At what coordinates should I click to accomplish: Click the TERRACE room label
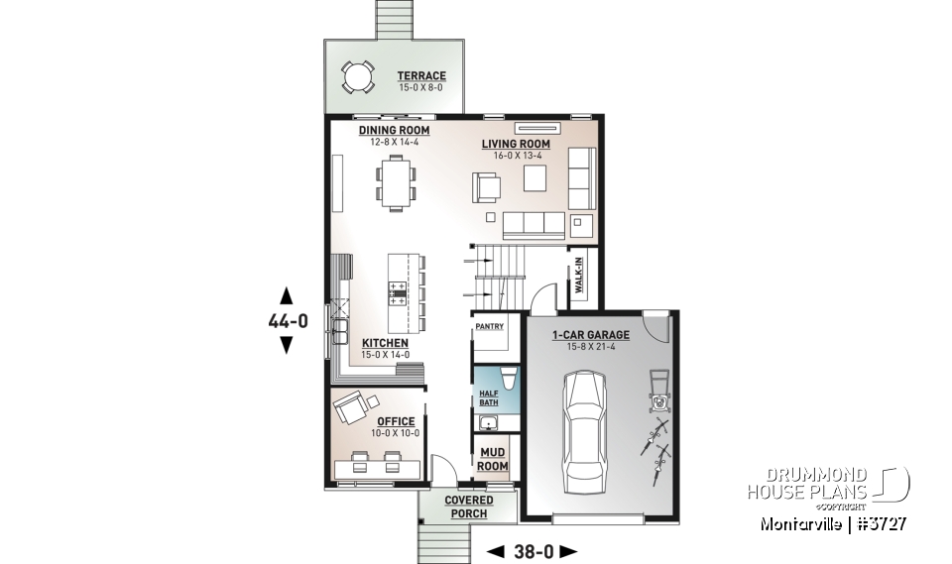(421, 75)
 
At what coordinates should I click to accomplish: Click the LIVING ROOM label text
(516, 145)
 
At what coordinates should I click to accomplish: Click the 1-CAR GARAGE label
(591, 335)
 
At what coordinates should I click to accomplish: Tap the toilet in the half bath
(506, 377)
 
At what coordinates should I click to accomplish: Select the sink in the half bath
(488, 423)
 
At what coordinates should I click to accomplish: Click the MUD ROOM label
(493, 459)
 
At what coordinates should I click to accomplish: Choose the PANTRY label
(489, 326)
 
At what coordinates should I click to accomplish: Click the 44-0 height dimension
(288, 320)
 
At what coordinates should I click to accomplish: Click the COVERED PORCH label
(469, 507)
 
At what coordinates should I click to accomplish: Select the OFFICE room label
(396, 421)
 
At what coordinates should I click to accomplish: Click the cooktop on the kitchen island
(397, 291)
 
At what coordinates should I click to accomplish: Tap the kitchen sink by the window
(340, 330)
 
